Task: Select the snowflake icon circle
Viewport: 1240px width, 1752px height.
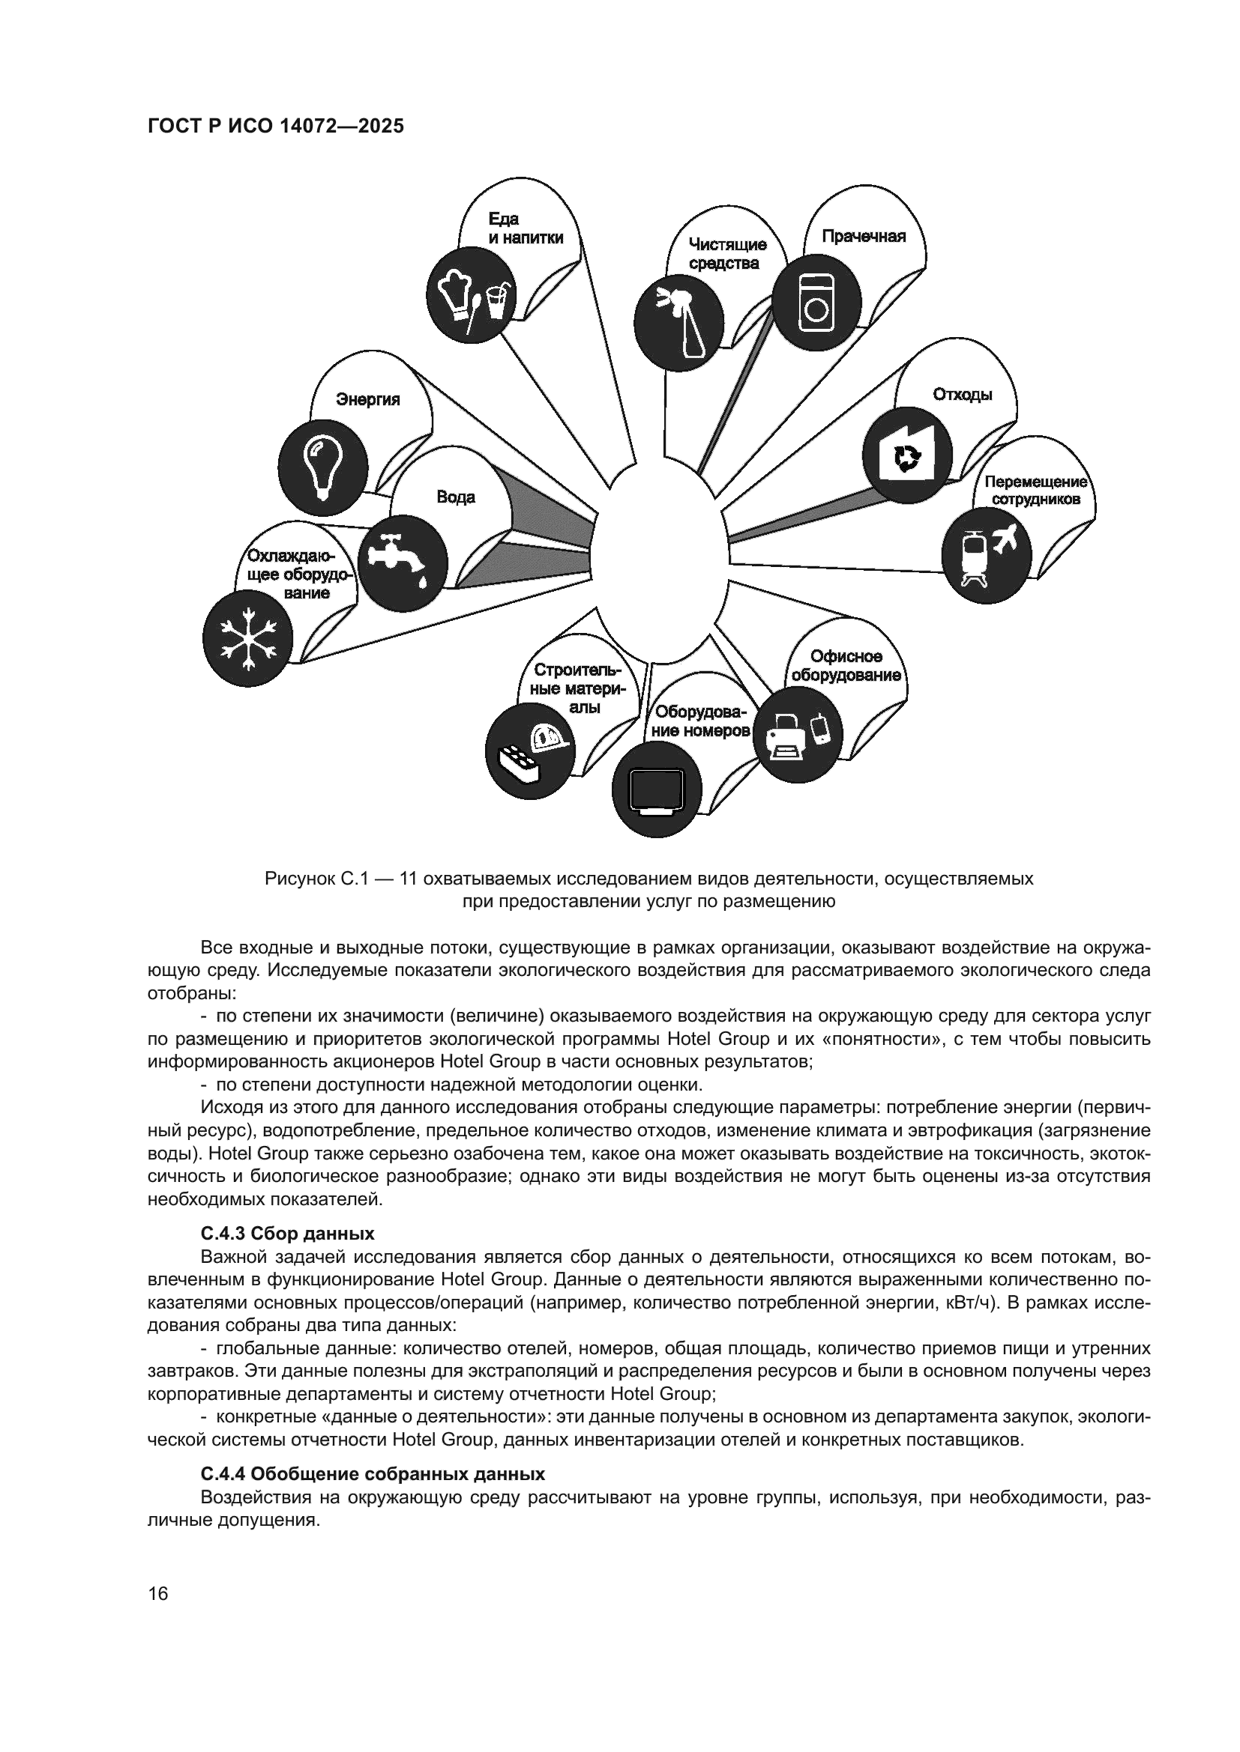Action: click(248, 637)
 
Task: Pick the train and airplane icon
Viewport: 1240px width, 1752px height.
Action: click(986, 555)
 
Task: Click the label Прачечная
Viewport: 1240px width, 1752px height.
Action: click(863, 237)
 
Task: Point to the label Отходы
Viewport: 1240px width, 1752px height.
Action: click(962, 395)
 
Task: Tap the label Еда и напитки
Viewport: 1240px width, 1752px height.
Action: click(526, 229)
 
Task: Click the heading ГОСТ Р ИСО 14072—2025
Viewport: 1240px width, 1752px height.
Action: click(275, 126)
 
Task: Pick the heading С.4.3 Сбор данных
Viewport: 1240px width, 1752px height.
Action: click(287, 1234)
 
